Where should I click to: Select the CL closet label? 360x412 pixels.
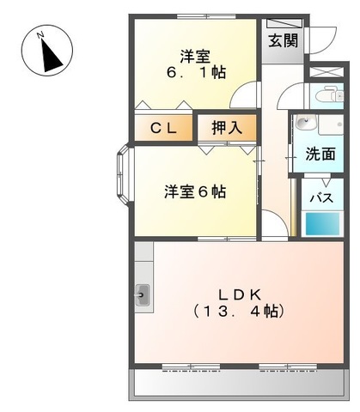[x=164, y=128]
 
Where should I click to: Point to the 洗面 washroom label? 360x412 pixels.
[x=321, y=155]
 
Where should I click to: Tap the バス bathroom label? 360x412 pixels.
[x=322, y=197]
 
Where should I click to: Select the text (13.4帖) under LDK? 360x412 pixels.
[x=238, y=309]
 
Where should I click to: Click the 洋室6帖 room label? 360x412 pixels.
[x=195, y=192]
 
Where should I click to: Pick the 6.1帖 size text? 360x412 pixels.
[x=197, y=73]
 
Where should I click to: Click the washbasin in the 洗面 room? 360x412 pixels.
[x=302, y=125]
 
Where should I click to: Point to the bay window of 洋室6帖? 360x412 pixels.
[x=122, y=179]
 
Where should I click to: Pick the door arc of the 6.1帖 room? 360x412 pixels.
[x=248, y=94]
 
